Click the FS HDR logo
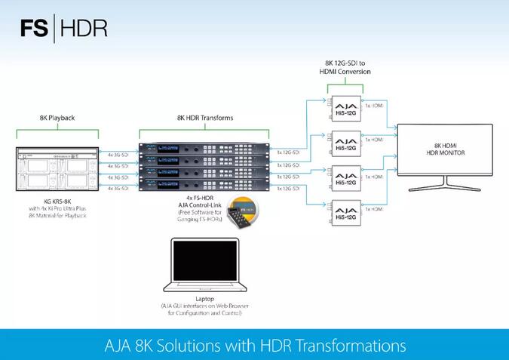pyautogui.click(x=64, y=28)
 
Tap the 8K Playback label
pyautogui.click(x=57, y=118)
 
